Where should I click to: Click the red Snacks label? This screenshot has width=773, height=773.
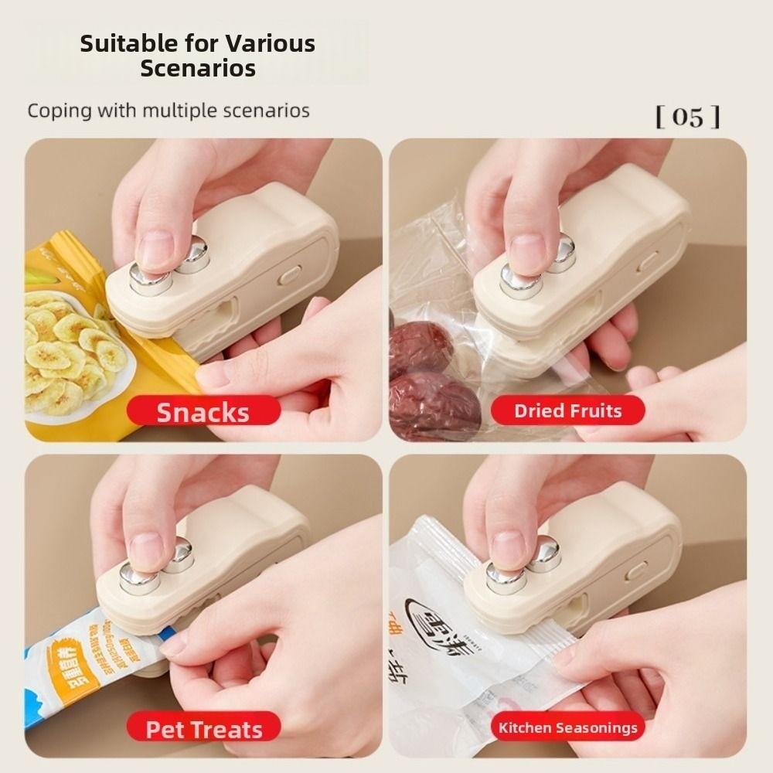pos(203,412)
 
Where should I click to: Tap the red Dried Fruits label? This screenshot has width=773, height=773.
pos(567,411)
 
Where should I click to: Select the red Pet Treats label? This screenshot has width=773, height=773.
pos(204,729)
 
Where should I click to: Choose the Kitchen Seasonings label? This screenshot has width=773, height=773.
pos(567,727)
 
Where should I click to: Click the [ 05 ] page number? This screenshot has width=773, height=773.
pos(687,117)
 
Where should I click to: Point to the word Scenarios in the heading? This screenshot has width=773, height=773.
pos(198,68)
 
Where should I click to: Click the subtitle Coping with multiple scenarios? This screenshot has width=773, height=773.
pos(169,111)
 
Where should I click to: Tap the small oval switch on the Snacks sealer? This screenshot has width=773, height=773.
pos(289,274)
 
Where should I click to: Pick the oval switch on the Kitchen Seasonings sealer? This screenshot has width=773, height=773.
pos(636,570)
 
